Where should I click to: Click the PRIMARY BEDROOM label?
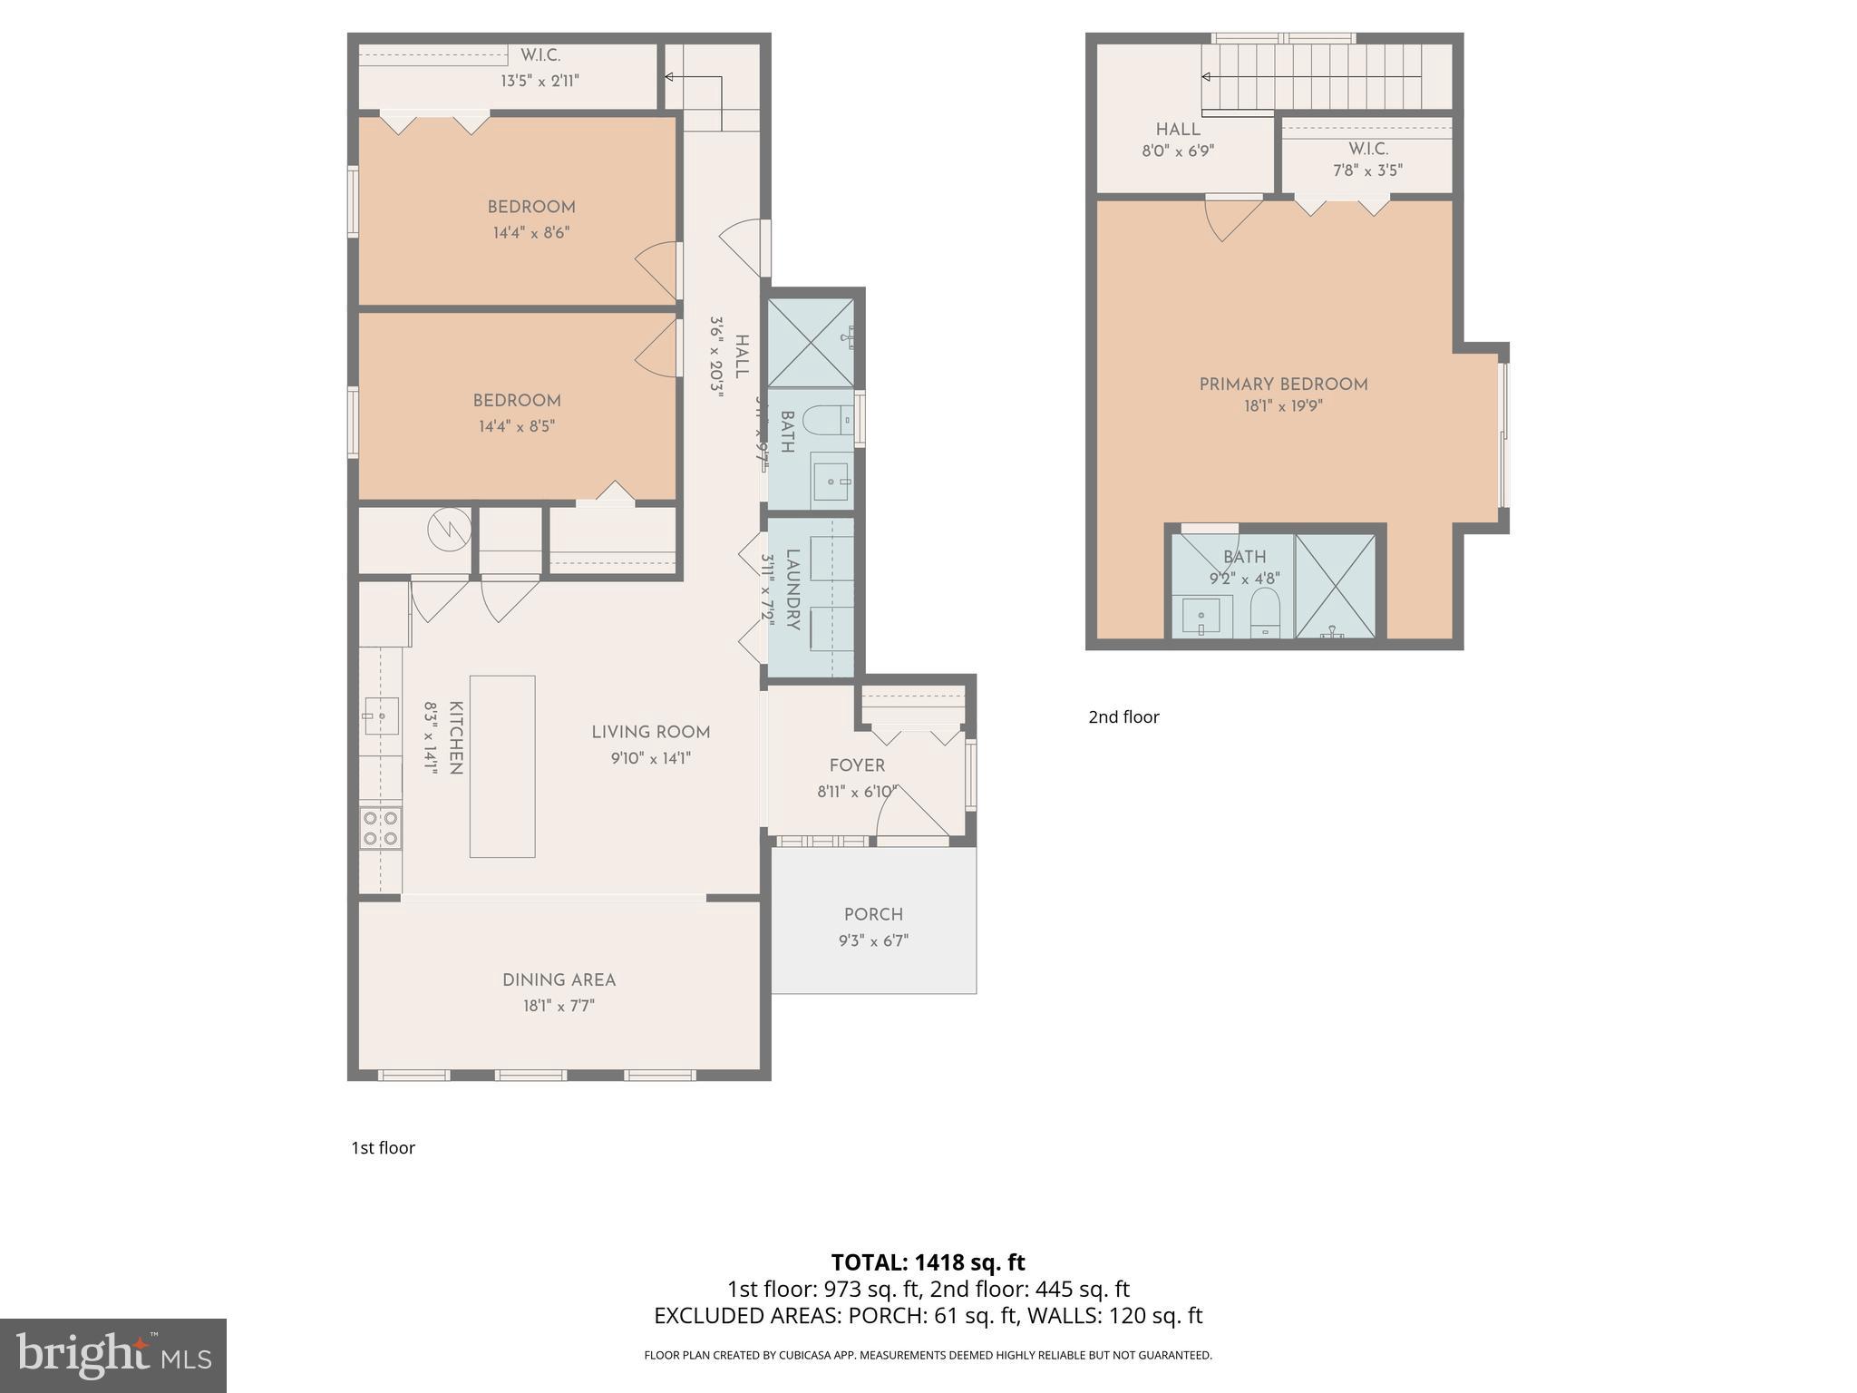pyautogui.click(x=1283, y=385)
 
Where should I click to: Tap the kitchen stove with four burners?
pyautogui.click(x=381, y=828)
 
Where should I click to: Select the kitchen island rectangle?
pyautogui.click(x=501, y=766)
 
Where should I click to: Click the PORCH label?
pyautogui.click(x=873, y=914)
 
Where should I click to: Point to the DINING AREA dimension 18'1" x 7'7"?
pyautogui.click(x=559, y=1006)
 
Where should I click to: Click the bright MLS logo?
pyautogui.click(x=113, y=1356)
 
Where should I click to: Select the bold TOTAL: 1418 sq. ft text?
pyautogui.click(x=928, y=1261)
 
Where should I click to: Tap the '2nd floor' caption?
pyautogui.click(x=1123, y=717)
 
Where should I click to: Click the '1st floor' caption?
pyautogui.click(x=383, y=1148)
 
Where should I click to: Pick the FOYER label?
pyautogui.click(x=857, y=765)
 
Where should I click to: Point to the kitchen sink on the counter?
pyautogui.click(x=382, y=716)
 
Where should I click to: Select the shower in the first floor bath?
pyautogui.click(x=811, y=342)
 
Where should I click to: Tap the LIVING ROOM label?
pyautogui.click(x=650, y=732)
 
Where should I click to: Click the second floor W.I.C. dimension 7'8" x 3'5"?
pyautogui.click(x=1367, y=170)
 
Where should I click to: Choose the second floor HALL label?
pyautogui.click(x=1178, y=130)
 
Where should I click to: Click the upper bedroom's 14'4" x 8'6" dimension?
pyautogui.click(x=531, y=233)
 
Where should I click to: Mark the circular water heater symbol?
pyautogui.click(x=449, y=528)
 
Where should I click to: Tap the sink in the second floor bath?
pyautogui.click(x=1201, y=617)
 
